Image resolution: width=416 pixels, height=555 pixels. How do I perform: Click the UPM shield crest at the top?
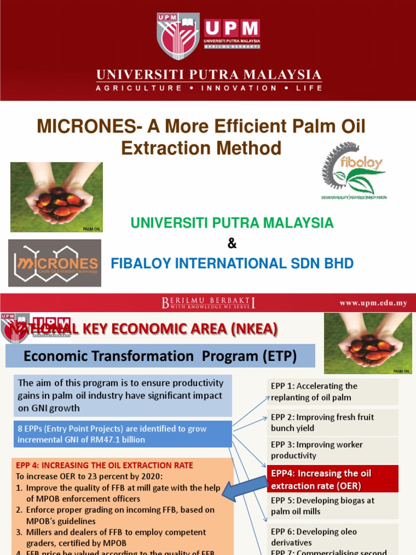tap(178, 36)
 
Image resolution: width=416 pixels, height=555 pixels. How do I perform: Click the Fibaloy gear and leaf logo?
tap(354, 171)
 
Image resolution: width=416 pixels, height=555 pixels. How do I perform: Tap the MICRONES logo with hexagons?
tap(55, 263)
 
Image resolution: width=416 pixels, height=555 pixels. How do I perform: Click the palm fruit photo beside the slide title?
tap(56, 197)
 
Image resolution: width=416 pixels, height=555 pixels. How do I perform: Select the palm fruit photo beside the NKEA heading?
tap(368, 343)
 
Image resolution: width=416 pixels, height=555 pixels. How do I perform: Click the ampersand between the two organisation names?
tap(232, 243)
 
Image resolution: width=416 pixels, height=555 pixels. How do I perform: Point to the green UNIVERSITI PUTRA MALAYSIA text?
tap(232, 223)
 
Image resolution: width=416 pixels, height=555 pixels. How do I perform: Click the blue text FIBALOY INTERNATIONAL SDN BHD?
tap(232, 264)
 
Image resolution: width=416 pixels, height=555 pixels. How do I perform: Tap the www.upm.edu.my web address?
tap(373, 303)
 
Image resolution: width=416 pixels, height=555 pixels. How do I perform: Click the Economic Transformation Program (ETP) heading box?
tap(160, 356)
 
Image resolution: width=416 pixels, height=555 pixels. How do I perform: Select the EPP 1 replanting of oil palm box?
tap(333, 392)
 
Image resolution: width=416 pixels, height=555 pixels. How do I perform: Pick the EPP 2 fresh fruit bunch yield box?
tap(333, 422)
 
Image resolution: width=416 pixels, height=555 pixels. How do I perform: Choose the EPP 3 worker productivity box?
tap(333, 450)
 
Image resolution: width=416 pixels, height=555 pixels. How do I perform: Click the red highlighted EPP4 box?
tap(333, 479)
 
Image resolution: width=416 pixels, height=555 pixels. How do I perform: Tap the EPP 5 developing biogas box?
tap(333, 506)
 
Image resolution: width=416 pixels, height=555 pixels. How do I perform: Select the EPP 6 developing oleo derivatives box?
tap(333, 537)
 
